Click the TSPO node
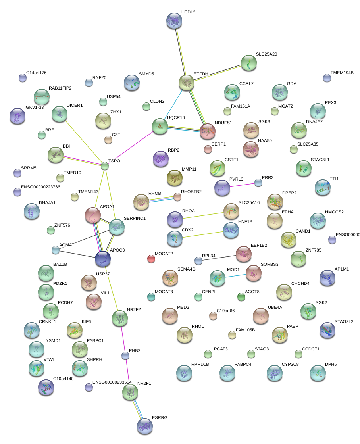tap(104, 166)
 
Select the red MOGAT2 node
tap(151, 259)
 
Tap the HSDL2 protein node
tap(174, 21)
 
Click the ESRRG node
tap(144, 426)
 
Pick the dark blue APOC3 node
tap(103, 259)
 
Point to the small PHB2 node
tap(125, 356)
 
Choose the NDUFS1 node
tap(208, 131)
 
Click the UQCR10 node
tap(160, 126)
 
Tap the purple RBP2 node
tap(161, 159)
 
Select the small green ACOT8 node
tap(241, 296)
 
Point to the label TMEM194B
tap(342, 73)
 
